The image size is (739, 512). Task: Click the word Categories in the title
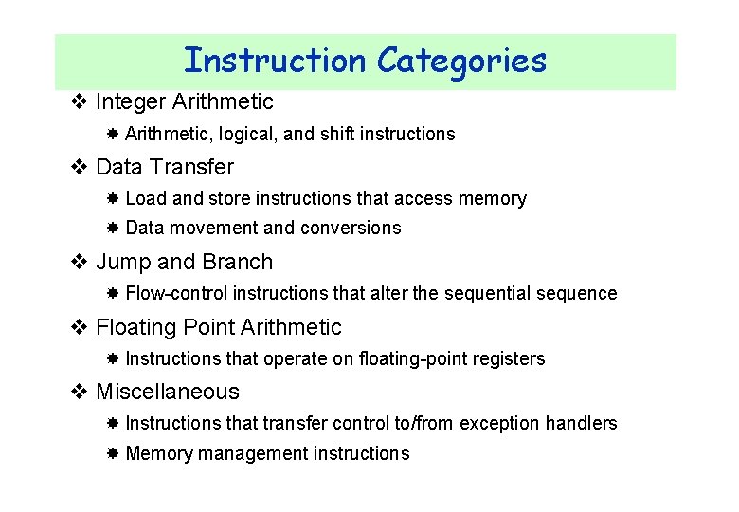click(x=461, y=61)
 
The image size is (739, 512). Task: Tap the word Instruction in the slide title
click(x=275, y=61)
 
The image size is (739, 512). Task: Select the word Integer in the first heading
click(x=130, y=101)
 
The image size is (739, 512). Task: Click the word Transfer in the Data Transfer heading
click(x=191, y=167)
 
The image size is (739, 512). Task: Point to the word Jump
click(x=124, y=262)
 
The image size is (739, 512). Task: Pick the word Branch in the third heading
click(x=239, y=262)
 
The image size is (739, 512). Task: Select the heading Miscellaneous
click(x=168, y=392)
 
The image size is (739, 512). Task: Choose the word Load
click(x=145, y=199)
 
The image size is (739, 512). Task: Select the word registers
click(x=510, y=358)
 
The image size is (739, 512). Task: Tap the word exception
click(x=499, y=424)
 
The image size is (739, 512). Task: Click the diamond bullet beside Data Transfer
click(x=80, y=167)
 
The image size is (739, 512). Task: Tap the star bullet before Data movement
click(x=112, y=229)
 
